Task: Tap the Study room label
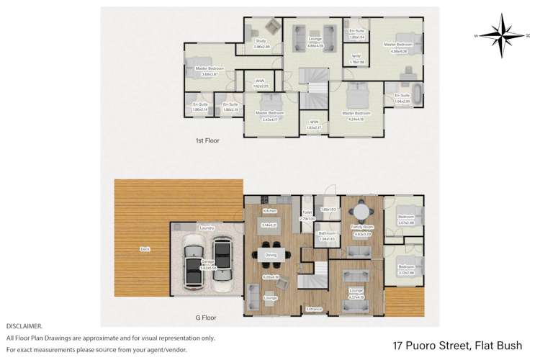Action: (260, 41)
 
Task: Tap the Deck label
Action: (145, 249)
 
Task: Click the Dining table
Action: (271, 253)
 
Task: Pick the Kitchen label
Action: (270, 211)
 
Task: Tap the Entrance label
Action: (314, 309)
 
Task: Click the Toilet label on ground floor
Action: (307, 214)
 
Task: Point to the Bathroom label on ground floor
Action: (328, 233)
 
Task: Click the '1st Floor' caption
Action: (207, 140)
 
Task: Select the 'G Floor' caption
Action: (206, 317)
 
